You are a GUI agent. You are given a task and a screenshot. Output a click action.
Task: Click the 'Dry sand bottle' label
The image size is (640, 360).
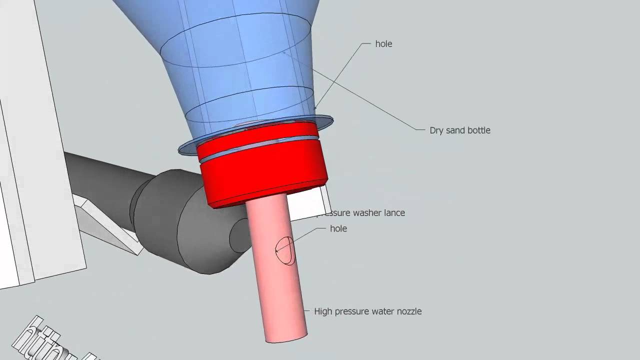point(459,130)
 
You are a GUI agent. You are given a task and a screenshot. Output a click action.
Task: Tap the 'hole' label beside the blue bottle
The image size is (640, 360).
point(383,44)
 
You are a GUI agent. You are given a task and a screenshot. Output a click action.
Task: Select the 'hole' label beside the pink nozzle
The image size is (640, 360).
point(338,228)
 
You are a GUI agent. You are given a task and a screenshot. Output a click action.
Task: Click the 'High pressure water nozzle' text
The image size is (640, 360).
point(367,311)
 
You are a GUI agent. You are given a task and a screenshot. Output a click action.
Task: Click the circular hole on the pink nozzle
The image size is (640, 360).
point(285,250)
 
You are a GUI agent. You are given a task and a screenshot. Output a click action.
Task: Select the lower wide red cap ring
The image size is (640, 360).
point(265,177)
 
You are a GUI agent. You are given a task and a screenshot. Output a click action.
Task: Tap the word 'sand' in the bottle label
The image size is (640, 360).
point(456,130)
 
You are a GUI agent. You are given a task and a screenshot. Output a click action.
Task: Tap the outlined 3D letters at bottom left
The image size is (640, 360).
point(50,340)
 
